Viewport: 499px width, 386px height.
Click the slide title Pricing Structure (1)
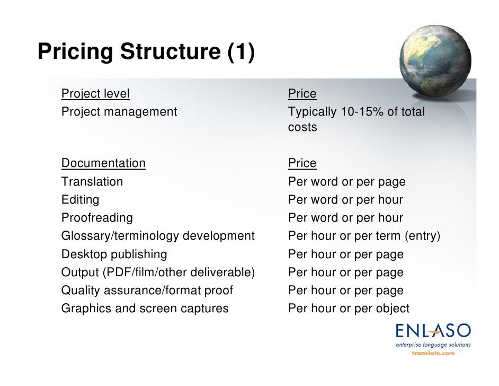tap(146, 52)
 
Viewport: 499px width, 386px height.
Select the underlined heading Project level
tap(95, 94)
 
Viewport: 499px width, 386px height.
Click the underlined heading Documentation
tap(103, 163)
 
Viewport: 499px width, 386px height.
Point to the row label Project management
tap(119, 112)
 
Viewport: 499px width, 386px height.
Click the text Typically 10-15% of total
tap(356, 112)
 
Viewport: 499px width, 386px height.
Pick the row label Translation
tap(92, 182)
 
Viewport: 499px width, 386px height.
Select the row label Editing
tap(80, 200)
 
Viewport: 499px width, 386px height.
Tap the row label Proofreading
tap(97, 218)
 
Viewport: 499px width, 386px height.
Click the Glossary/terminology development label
tap(158, 236)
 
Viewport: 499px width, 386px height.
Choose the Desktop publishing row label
tap(114, 255)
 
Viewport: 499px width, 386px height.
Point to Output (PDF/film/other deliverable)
tap(158, 273)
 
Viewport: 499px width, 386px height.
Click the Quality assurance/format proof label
tap(147, 291)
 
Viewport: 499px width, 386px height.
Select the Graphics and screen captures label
tap(145, 309)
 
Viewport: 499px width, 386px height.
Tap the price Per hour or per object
tap(349, 309)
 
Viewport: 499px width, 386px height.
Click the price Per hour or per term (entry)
tap(364, 236)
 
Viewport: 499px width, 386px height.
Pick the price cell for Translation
tap(346, 182)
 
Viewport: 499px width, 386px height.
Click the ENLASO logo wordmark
tap(433, 331)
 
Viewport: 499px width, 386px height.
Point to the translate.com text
tap(433, 353)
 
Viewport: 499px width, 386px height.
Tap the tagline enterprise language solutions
tap(433, 345)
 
